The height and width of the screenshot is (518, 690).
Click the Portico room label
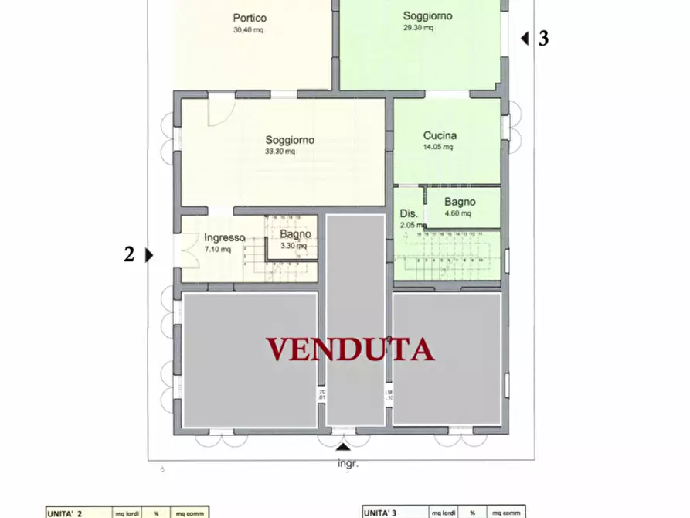point(250,18)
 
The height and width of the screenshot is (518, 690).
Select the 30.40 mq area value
point(248,31)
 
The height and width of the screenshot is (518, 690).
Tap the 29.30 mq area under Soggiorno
point(418,28)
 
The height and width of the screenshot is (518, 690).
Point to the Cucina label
point(440,135)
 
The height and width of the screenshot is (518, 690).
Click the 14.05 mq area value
point(437,147)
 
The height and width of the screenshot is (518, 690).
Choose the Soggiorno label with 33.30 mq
point(290,140)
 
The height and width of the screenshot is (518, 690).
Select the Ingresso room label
point(224,238)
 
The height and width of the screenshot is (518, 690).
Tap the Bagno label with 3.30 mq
point(295,234)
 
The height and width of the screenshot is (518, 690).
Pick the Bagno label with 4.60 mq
point(460,202)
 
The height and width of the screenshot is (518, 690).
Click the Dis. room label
point(409,214)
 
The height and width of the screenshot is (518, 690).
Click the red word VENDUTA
point(350,349)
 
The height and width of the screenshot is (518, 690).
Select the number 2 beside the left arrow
point(129,254)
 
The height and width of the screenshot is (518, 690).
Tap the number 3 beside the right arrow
point(544,39)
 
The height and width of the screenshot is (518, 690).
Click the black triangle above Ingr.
point(342,448)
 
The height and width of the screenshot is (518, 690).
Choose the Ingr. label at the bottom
point(348,464)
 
